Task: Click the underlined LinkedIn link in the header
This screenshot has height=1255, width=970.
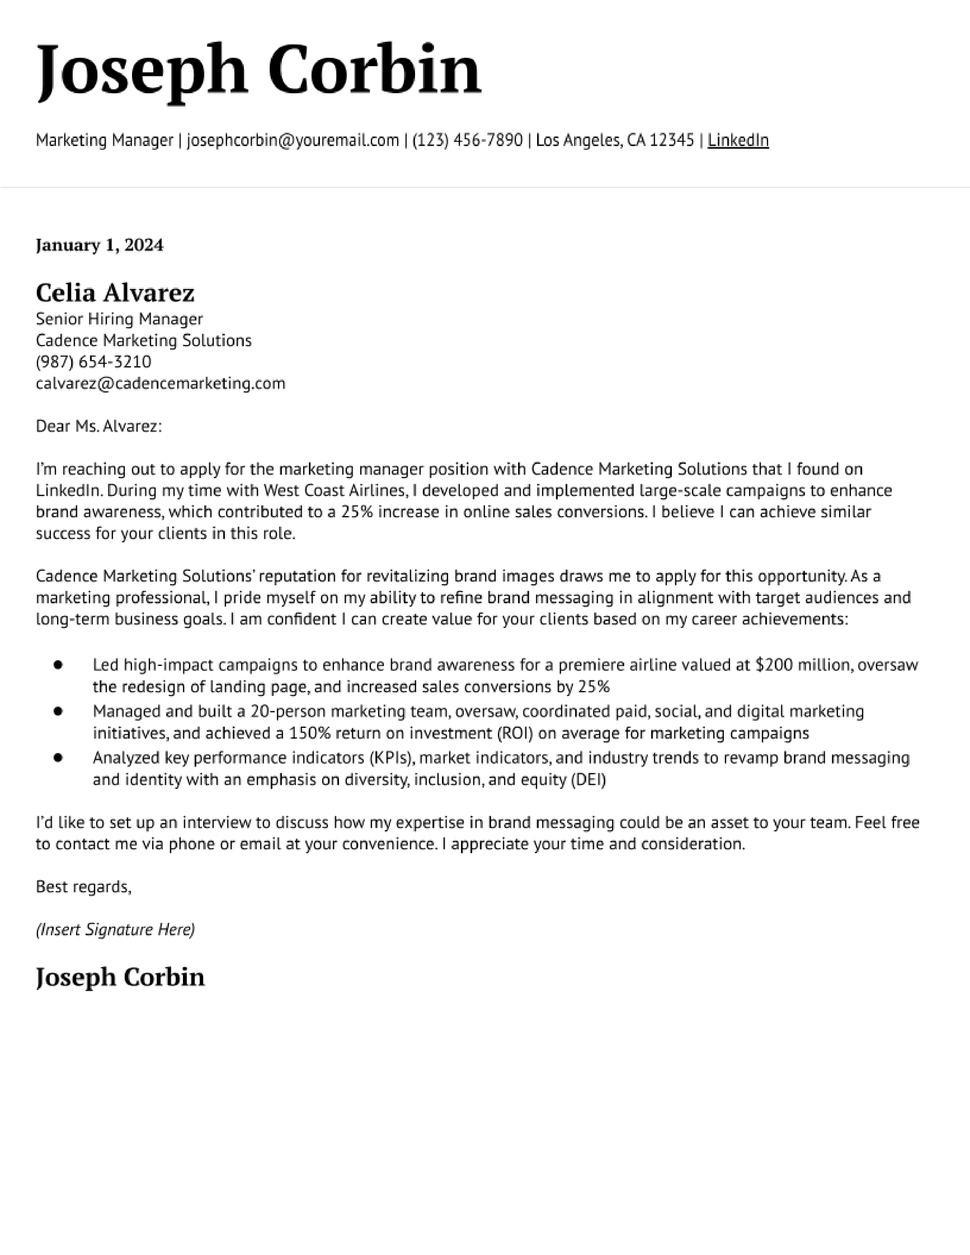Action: coord(738,140)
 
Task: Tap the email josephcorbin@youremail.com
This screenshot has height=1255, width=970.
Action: coord(293,140)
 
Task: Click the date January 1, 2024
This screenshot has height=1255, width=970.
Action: coord(99,245)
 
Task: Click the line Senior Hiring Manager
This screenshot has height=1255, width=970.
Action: coord(119,319)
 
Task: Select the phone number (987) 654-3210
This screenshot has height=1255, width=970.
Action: coord(94,362)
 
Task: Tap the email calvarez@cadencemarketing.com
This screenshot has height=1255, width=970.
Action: coord(160,383)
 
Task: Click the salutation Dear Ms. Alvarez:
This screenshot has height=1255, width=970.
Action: coord(99,426)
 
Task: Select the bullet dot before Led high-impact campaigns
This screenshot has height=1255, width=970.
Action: coord(58,665)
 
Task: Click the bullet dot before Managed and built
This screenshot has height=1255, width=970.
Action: coord(58,712)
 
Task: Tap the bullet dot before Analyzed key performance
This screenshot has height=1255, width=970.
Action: coord(58,758)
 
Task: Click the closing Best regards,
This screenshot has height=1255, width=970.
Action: coord(83,887)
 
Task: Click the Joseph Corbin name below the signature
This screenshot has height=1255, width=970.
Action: coord(120,977)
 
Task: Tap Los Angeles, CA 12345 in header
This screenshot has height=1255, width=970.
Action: coord(615,140)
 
